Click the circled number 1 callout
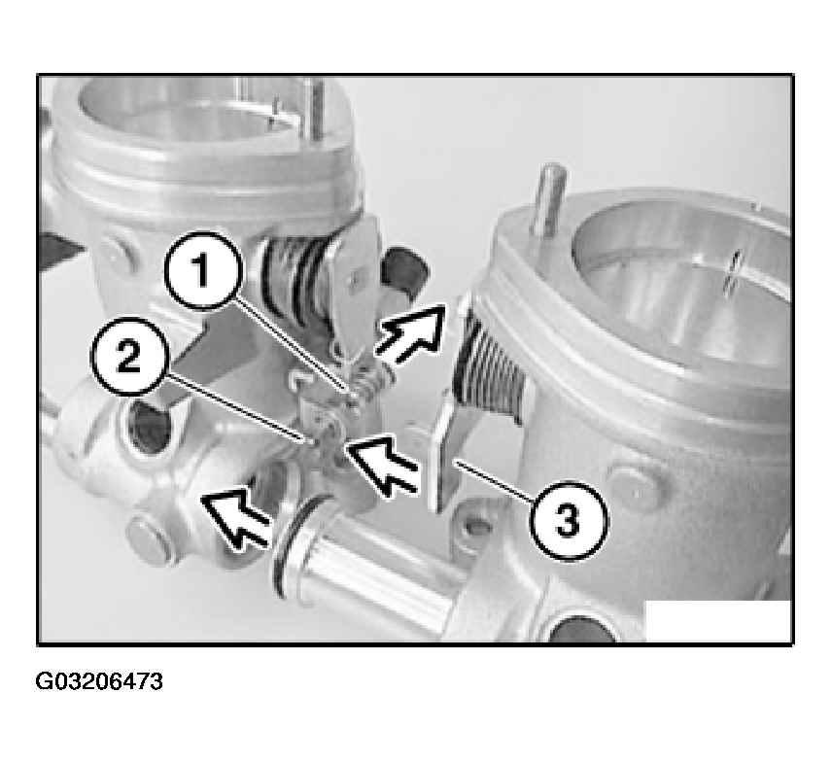201,270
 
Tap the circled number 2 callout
129,356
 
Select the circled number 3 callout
568,520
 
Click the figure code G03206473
99,681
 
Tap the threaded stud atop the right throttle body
547,200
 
